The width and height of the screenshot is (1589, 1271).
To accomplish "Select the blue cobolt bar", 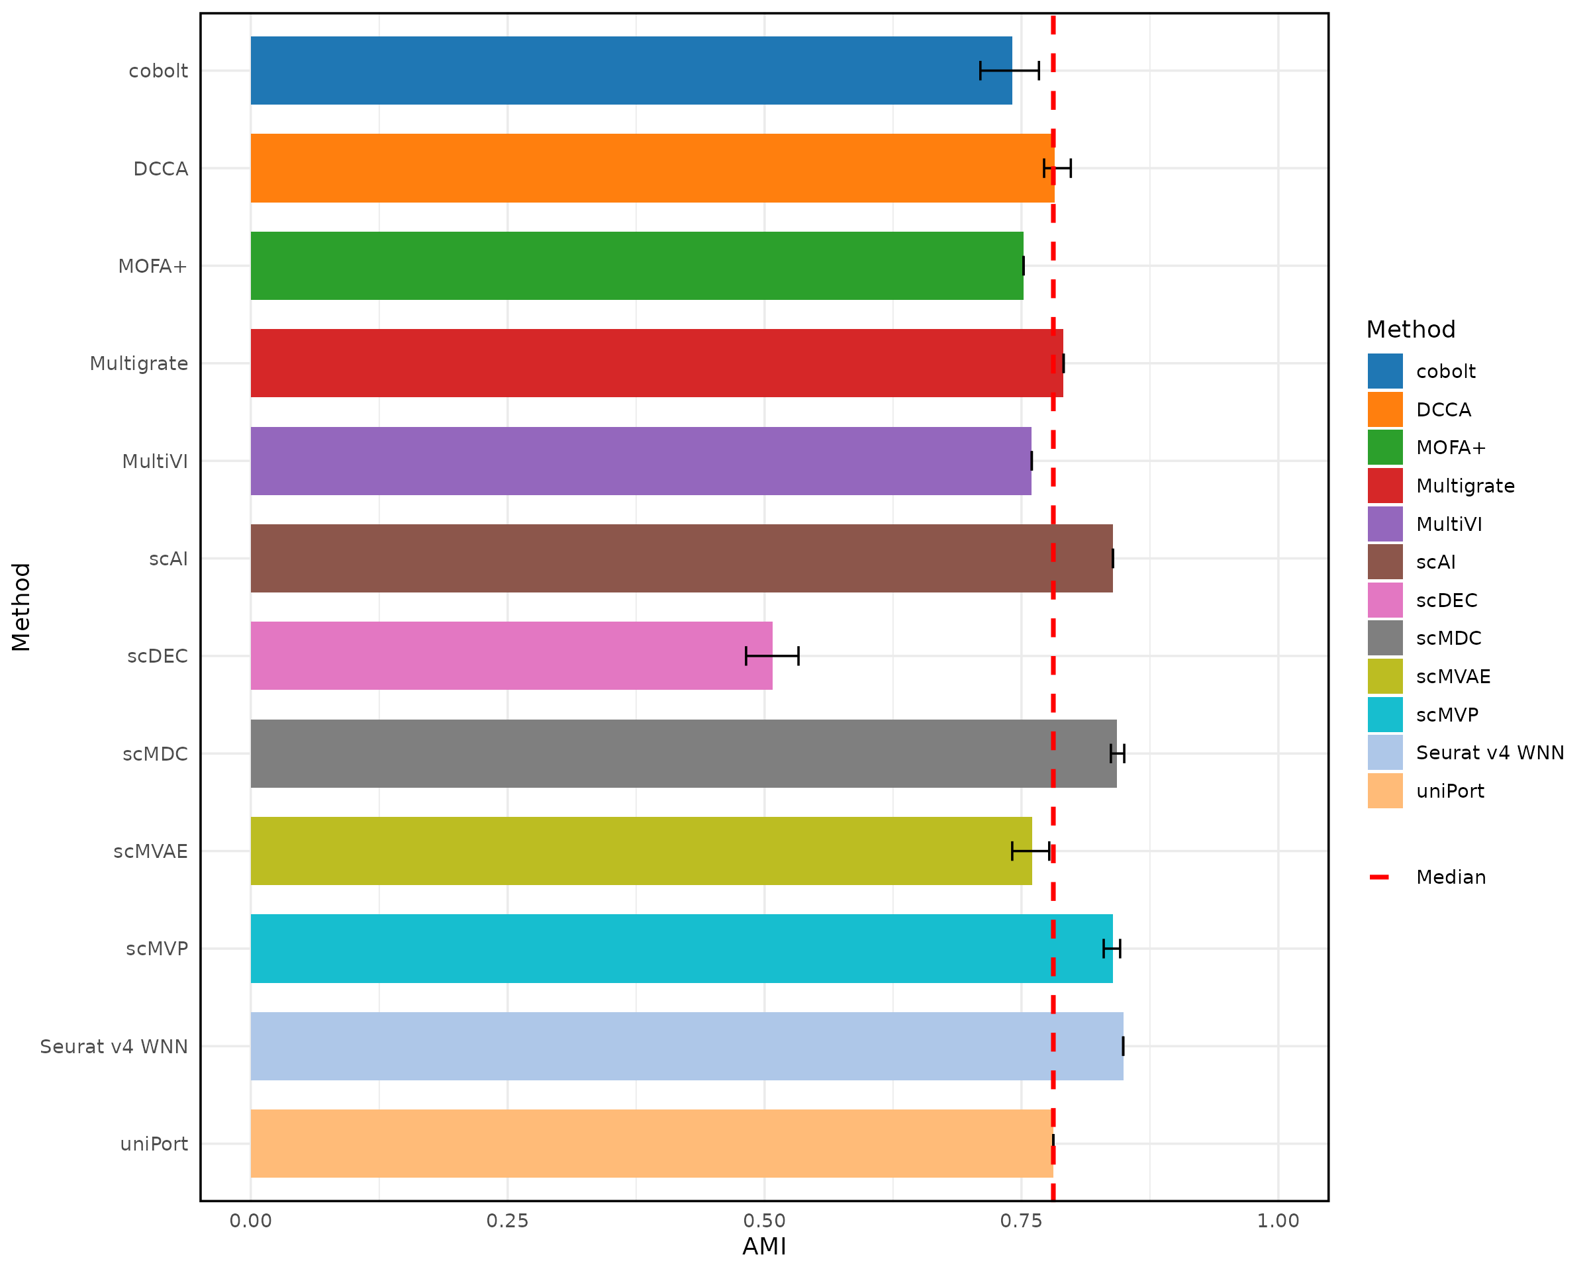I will [631, 71].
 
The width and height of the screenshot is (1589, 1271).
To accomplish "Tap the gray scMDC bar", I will [683, 754].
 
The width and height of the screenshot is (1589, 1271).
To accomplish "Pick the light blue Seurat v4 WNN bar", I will [686, 1047].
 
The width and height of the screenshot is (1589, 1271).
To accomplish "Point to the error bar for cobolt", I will [1009, 71].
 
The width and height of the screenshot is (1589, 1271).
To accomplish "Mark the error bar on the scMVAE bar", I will [1030, 851].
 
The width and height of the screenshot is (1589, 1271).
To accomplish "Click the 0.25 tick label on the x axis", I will [507, 1221].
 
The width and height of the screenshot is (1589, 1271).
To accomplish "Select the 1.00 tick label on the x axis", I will [1278, 1221].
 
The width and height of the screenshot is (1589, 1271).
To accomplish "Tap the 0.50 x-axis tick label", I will [764, 1221].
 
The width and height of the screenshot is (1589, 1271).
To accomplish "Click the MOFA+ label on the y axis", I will [152, 266].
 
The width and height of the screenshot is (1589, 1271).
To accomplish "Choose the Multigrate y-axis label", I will [138, 364].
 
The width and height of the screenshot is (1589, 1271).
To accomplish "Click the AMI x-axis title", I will [764, 1247].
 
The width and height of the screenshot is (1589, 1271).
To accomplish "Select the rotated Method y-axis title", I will [21, 606].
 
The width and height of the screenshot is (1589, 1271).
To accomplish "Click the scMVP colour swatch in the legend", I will [1385, 715].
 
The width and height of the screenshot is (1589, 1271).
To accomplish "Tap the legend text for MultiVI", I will [1448, 524].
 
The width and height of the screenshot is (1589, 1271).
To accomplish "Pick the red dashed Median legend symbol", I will [1379, 877].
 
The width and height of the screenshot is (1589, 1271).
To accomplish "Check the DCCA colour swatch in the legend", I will [1385, 410].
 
